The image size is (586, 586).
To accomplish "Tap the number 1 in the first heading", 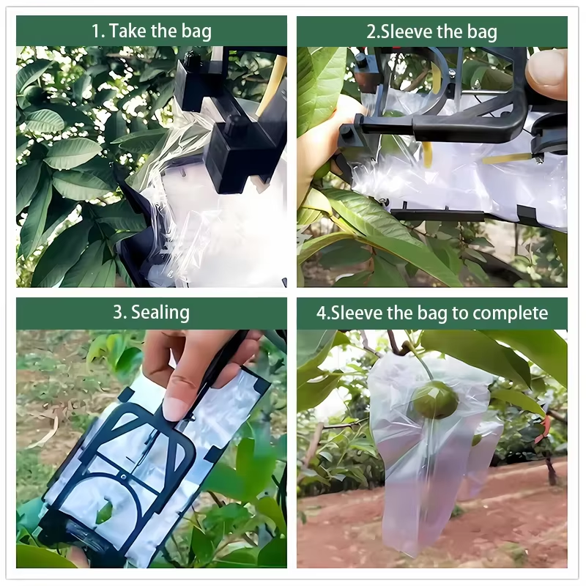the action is click(96, 31).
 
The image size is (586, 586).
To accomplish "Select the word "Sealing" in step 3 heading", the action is click(160, 313).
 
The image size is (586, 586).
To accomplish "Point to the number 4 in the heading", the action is click(321, 314).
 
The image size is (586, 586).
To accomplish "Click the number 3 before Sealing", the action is click(118, 313).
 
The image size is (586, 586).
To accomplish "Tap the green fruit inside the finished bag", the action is click(435, 399).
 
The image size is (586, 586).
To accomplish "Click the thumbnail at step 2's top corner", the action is click(545, 73).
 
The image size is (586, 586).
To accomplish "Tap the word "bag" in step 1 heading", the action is click(196, 31).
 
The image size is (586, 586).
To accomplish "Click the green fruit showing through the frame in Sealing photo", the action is click(104, 512).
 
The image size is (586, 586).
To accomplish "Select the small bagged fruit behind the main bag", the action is click(477, 439).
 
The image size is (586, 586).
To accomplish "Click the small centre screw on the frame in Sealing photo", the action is click(124, 477).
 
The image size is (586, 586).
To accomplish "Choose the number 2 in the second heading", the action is click(371, 31).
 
